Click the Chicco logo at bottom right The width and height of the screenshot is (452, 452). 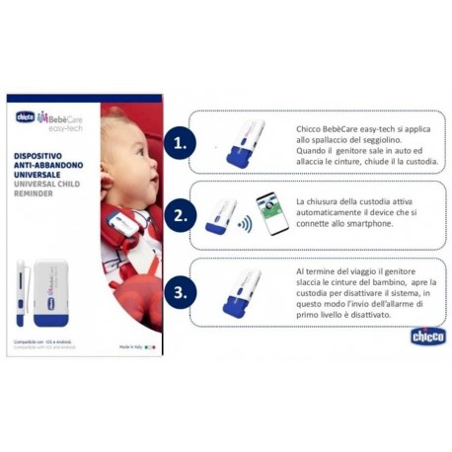point(425,336)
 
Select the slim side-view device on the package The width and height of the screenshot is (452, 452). point(20,291)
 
